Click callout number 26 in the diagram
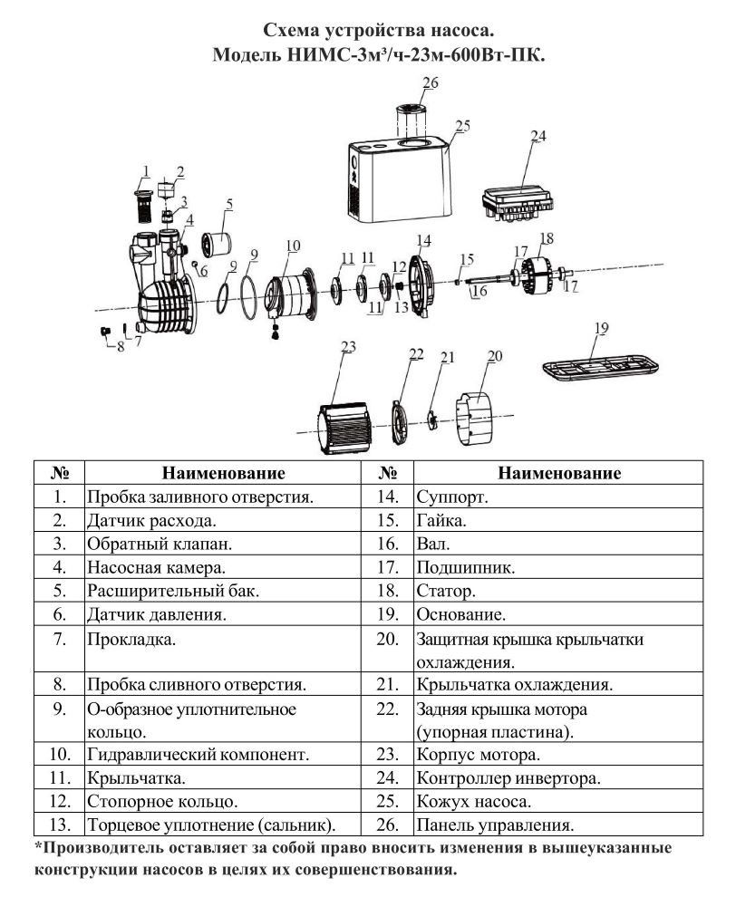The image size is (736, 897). [431, 83]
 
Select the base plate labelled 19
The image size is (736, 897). [600, 367]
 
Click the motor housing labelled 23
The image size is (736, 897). [344, 426]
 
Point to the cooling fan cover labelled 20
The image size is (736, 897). [474, 419]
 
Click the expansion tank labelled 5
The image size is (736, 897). [216, 243]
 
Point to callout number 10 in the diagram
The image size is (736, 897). [293, 246]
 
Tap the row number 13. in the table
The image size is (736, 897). [60, 825]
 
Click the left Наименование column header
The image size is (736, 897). [223, 473]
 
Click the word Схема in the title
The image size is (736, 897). [291, 30]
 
